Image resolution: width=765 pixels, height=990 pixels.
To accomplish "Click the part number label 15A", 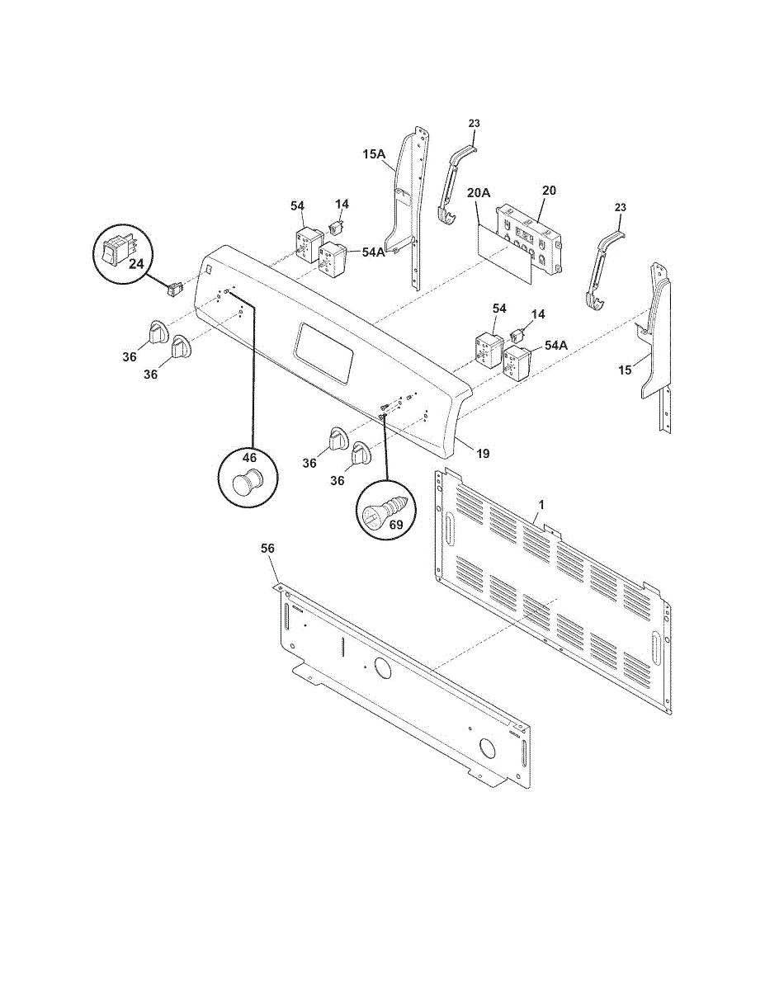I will (374, 154).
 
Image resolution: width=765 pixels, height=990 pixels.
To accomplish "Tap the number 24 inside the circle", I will (135, 264).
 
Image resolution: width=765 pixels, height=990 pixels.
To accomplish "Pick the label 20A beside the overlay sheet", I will (479, 194).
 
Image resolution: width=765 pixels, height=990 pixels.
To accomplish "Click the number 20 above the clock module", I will (549, 191).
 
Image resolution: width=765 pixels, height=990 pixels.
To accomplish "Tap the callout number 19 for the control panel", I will (483, 453).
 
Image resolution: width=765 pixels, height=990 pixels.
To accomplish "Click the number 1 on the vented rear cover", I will (542, 503).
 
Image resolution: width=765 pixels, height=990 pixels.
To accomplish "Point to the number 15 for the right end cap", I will (626, 370).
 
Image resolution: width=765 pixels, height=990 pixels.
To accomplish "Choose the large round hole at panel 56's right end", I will (488, 749).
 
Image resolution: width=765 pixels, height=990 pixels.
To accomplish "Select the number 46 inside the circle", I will (249, 457).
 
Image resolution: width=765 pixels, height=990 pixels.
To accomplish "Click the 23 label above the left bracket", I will (474, 124).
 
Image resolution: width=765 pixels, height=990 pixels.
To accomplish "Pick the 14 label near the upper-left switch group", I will (342, 203).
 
